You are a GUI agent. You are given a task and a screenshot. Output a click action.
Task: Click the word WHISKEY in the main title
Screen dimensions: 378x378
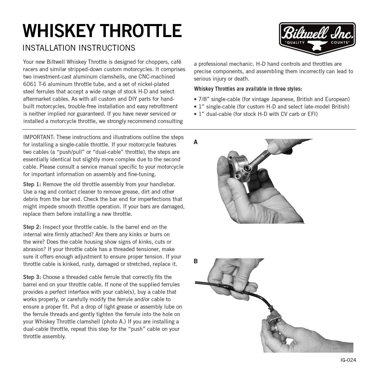[x=59, y=31]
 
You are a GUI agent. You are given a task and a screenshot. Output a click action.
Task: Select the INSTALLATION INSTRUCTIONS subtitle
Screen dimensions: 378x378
[x=79, y=48]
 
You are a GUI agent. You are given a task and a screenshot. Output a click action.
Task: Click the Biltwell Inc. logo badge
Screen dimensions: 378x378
[x=317, y=38]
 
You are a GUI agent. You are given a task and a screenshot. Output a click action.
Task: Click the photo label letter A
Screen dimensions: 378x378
[x=196, y=142]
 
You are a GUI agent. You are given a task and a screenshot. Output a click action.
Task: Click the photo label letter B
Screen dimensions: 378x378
[x=196, y=261]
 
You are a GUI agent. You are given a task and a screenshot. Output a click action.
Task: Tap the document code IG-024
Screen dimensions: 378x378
[x=348, y=360]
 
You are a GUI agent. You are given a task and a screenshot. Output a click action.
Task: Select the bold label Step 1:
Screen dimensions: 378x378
[x=32, y=184]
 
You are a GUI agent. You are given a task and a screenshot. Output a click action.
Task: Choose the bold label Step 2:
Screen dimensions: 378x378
[x=32, y=227]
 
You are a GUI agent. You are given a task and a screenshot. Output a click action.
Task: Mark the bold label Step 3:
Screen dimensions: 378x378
[x=32, y=277]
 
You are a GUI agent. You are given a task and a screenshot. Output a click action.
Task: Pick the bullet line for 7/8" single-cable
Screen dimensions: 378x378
[x=272, y=99]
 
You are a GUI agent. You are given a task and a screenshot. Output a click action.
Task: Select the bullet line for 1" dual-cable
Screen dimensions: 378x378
[x=256, y=114]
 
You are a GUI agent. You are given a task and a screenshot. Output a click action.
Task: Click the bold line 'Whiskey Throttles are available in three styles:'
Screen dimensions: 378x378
[x=248, y=89]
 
